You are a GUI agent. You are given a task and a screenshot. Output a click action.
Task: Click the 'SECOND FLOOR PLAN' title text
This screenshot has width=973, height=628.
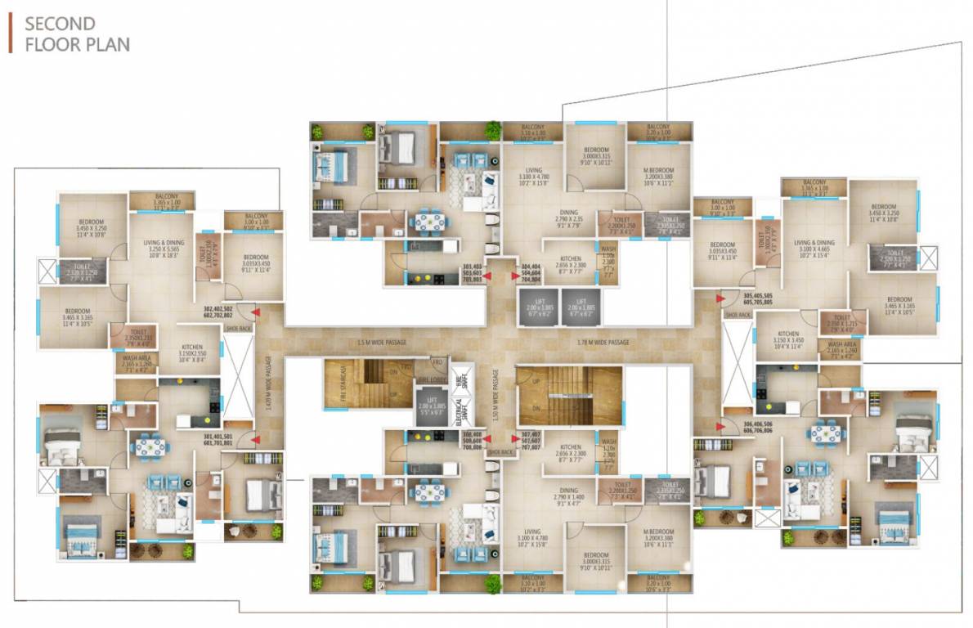(78, 34)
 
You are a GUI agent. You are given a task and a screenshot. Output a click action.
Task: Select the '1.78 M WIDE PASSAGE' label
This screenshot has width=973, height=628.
(603, 342)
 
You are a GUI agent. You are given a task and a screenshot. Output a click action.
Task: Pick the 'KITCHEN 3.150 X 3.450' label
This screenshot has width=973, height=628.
(788, 339)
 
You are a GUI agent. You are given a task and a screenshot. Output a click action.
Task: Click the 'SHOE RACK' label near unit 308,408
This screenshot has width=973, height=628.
(499, 452)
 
